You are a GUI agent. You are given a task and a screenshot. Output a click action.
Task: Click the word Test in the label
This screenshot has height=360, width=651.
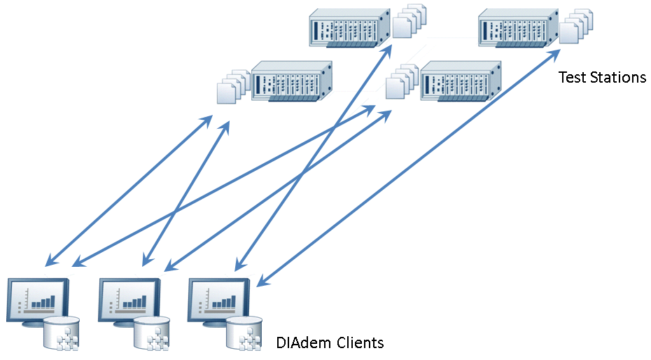pos(572,77)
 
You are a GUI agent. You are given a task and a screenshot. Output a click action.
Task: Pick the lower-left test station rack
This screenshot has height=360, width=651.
pos(290,83)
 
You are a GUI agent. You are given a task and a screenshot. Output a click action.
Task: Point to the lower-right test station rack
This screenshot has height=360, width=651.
pos(461,83)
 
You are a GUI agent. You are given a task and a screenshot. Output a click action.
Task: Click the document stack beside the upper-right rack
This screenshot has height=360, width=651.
pos(576,25)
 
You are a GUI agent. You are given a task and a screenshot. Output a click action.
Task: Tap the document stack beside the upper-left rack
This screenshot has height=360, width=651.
pos(408,21)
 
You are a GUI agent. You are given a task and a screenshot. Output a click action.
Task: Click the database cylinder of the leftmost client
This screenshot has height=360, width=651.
pos(62,333)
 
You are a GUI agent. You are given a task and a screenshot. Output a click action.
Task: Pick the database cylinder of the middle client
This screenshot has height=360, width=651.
pos(153,333)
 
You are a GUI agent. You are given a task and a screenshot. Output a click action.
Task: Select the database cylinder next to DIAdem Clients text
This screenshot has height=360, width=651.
pos(244,333)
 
